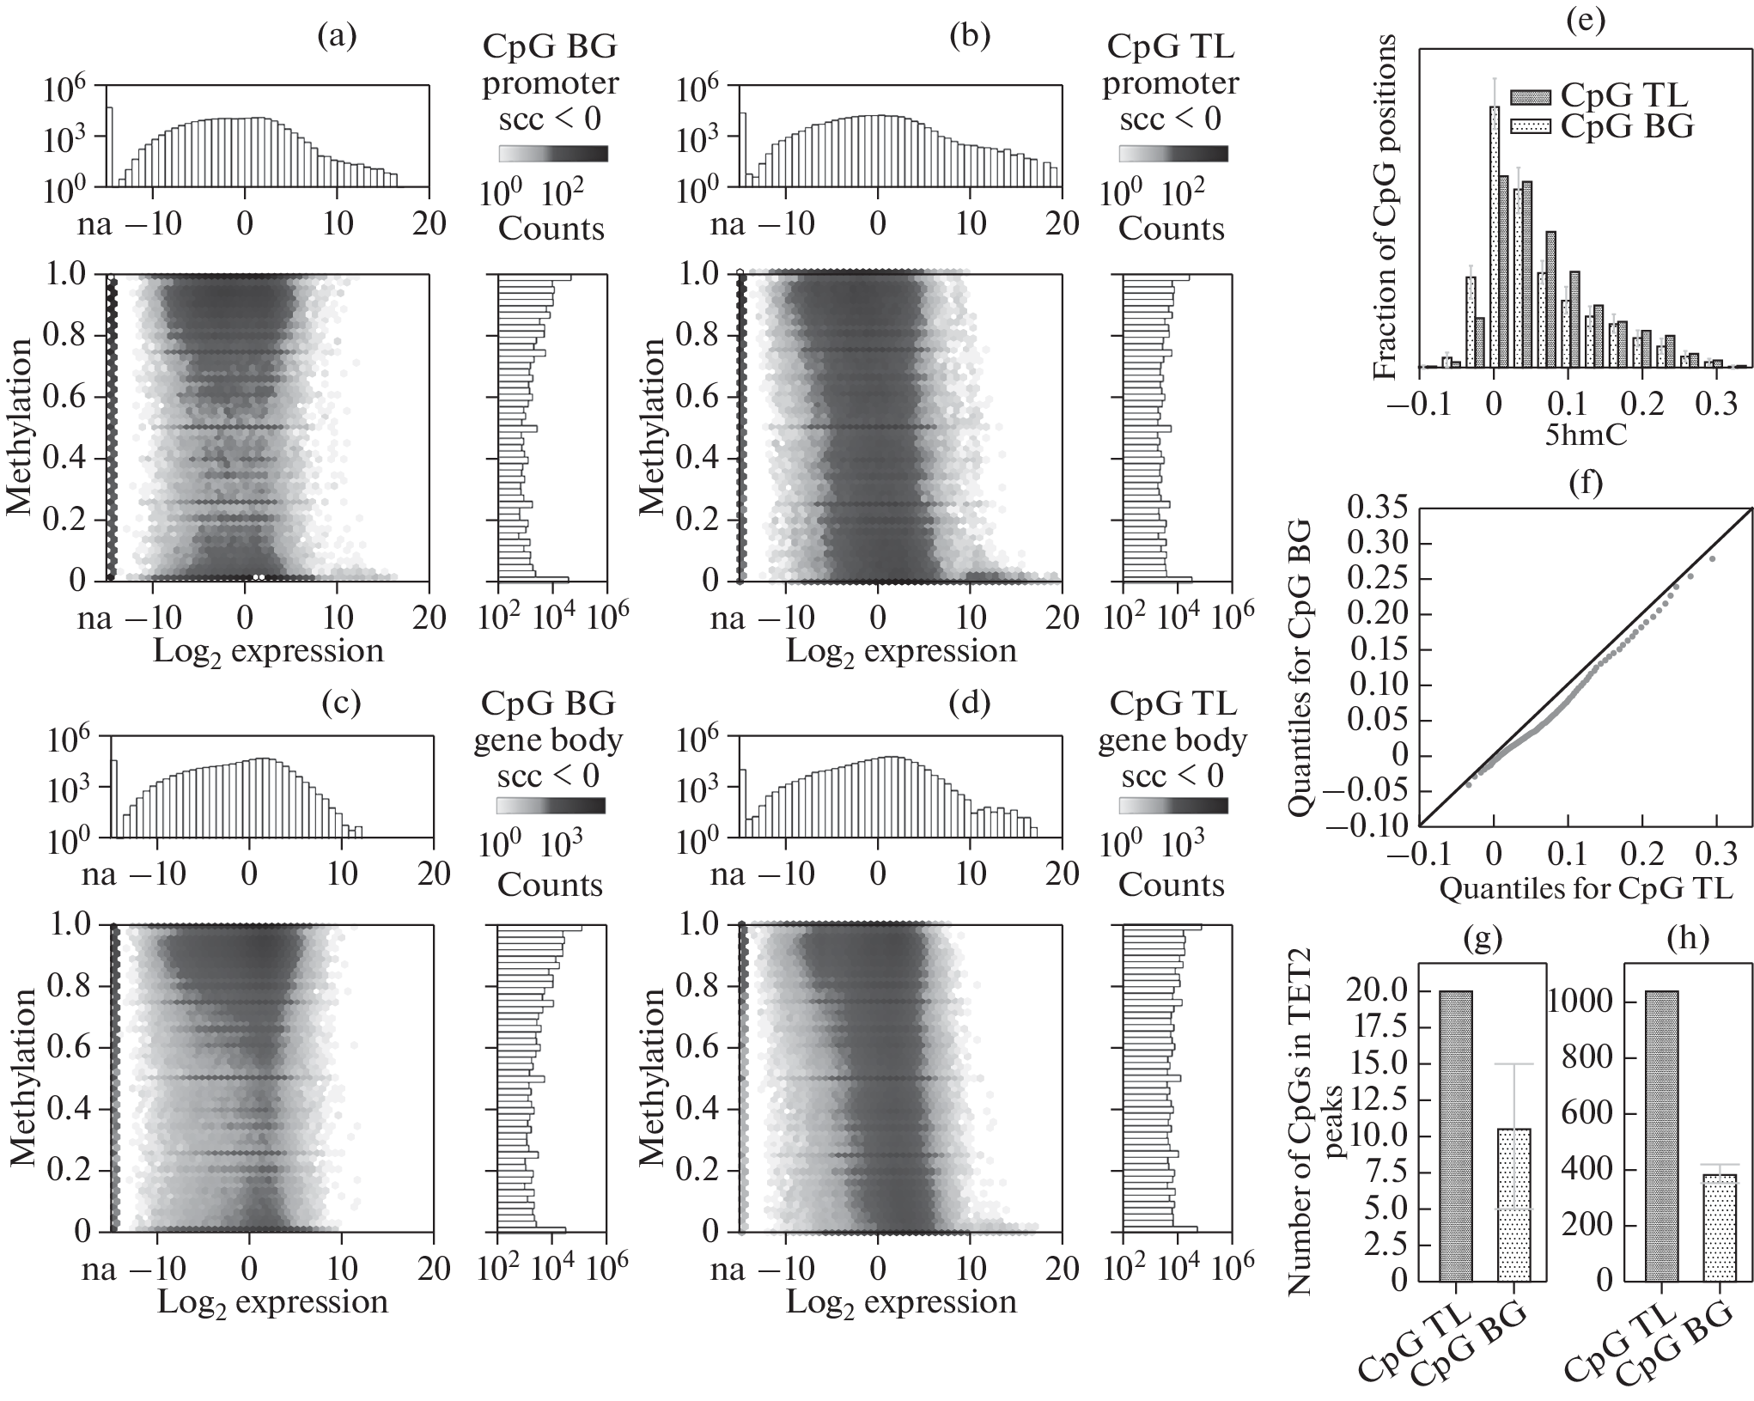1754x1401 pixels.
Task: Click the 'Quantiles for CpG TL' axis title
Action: [1586, 888]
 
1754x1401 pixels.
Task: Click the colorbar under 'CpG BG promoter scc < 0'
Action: [553, 154]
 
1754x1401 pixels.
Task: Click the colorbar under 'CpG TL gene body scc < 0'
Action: [1172, 805]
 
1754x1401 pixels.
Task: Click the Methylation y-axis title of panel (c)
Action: [25, 1077]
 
